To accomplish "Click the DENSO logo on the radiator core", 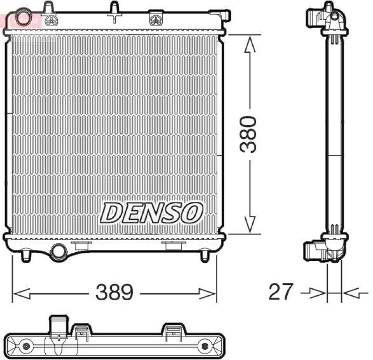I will (x=152, y=213).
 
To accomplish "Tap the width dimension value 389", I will (x=115, y=293).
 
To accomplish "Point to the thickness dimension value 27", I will (x=281, y=292).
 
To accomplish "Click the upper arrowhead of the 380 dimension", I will (x=250, y=44).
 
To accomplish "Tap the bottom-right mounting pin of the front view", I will (x=204, y=256).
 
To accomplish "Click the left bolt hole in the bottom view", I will (x=26, y=346).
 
